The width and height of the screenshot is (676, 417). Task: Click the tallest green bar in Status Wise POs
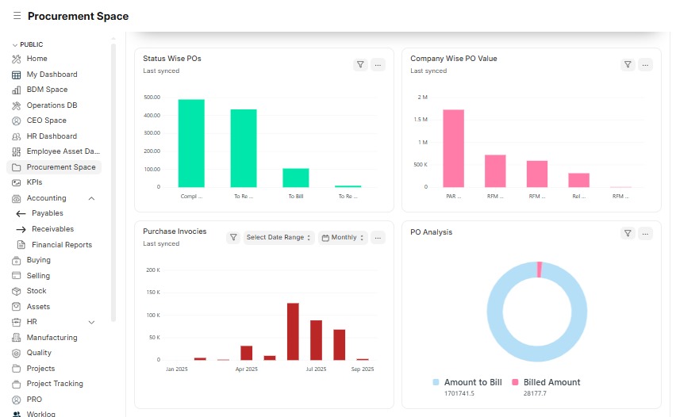(x=191, y=143)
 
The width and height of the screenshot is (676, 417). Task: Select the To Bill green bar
(x=296, y=178)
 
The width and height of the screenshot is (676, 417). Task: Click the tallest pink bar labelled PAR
(x=454, y=148)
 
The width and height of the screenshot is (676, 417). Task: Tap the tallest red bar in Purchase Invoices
(x=293, y=331)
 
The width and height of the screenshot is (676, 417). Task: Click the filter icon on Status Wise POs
(x=360, y=65)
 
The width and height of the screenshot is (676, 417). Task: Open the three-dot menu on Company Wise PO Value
(x=645, y=65)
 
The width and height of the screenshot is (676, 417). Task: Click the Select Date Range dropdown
(x=278, y=237)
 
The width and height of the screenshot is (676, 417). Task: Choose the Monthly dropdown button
(x=344, y=237)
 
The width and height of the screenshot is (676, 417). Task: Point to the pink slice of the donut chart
(x=540, y=270)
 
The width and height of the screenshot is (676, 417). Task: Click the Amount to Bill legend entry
(x=467, y=382)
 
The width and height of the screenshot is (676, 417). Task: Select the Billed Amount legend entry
(x=546, y=382)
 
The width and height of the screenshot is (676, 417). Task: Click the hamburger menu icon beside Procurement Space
(x=17, y=16)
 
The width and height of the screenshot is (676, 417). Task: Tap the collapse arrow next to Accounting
(x=91, y=198)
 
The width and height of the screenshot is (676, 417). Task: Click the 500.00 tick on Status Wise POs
(x=152, y=98)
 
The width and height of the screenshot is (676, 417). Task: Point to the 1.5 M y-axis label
(x=421, y=120)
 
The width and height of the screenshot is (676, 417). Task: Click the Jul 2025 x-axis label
(x=316, y=369)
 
